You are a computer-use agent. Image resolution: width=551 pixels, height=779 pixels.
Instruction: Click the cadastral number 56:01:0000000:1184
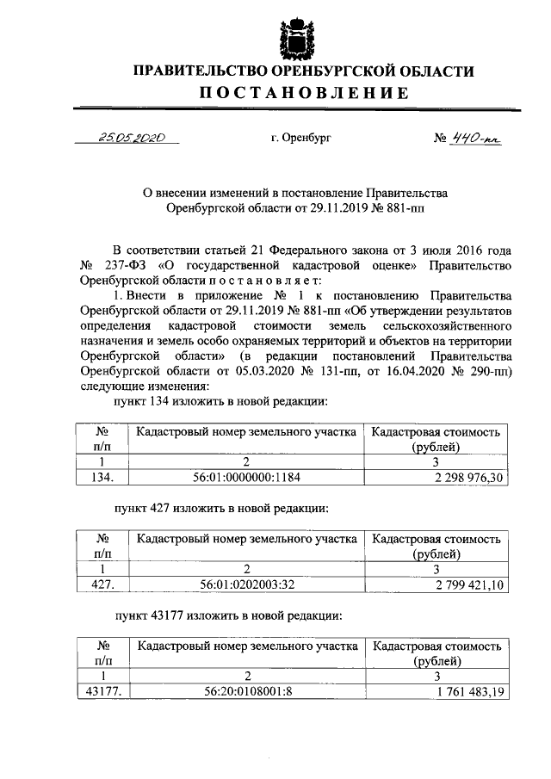click(x=246, y=475)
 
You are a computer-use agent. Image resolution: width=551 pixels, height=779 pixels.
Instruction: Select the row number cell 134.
click(x=102, y=475)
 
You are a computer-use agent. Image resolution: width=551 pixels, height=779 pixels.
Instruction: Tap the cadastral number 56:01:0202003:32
click(x=246, y=584)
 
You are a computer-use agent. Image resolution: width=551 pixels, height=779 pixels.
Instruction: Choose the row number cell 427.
click(x=102, y=584)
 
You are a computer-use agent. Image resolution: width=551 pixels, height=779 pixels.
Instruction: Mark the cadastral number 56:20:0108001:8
click(x=246, y=691)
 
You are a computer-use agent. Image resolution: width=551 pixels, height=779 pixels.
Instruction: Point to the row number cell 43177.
click(x=102, y=691)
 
